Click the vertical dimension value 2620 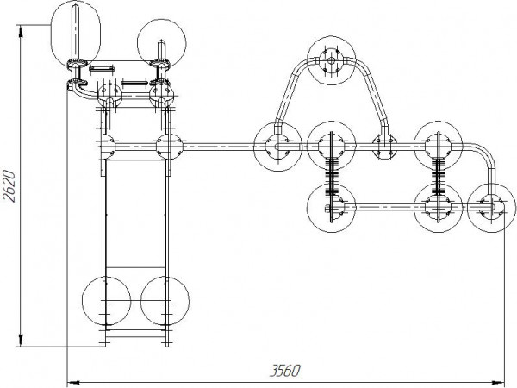coord(9,185)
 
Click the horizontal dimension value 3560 coord(285,371)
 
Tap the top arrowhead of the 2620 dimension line coord(21,31)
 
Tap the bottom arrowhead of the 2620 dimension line coord(21,341)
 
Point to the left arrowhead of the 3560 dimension coord(73,383)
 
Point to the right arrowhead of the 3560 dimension coord(499,383)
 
